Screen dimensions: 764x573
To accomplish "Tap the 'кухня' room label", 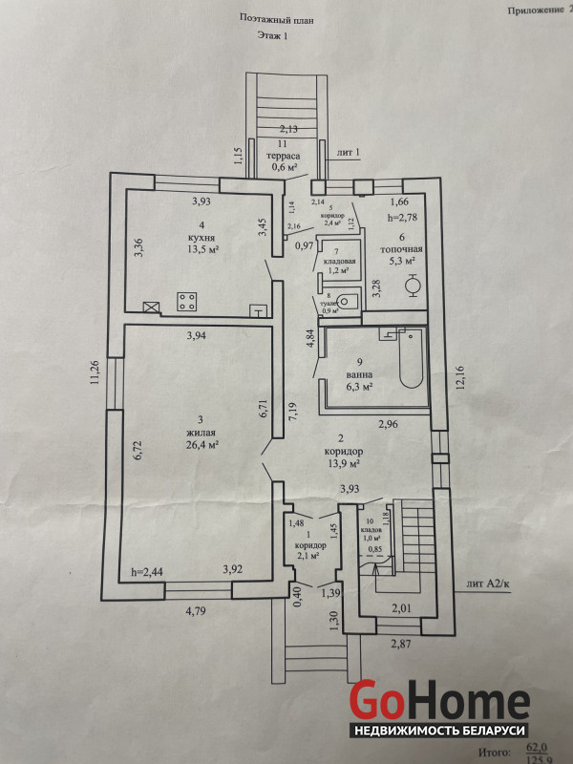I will click(201, 236).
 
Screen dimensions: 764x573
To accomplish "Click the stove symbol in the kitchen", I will click(186, 304).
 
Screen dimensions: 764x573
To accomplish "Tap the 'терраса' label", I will click(284, 155).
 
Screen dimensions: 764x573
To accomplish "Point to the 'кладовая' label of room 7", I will click(341, 261).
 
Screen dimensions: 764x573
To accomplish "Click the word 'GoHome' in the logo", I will click(438, 700).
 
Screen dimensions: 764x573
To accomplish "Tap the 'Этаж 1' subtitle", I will click(272, 35).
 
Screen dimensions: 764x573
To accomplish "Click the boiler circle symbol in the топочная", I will click(414, 285).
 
